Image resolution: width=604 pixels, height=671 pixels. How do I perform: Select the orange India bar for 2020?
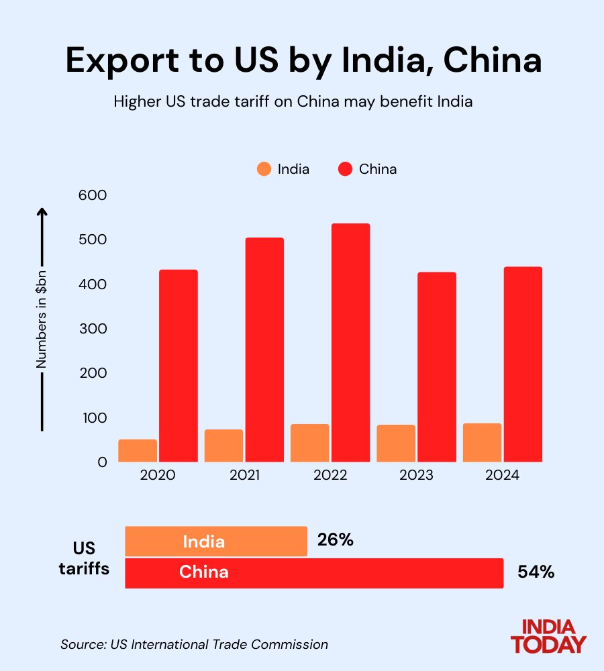tap(138, 450)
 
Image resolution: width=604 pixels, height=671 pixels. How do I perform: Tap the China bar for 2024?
tap(523, 364)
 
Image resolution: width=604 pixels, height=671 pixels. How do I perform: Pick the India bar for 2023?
tap(396, 443)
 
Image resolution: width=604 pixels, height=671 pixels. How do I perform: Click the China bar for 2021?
tap(264, 350)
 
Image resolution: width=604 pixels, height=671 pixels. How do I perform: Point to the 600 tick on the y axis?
tap(93, 195)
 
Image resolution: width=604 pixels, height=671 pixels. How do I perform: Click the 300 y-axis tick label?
tap(93, 329)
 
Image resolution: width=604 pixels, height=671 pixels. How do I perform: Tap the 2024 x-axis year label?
tap(502, 475)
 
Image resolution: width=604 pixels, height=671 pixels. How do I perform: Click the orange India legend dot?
tap(264, 169)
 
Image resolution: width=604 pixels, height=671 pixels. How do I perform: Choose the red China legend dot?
tap(345, 169)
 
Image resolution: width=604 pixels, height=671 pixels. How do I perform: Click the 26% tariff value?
tap(336, 539)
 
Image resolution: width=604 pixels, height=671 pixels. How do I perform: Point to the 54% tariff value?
tap(536, 572)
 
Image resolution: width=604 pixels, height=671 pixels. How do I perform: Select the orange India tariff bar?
tap(216, 541)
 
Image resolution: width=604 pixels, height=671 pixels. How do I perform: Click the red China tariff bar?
tap(314, 572)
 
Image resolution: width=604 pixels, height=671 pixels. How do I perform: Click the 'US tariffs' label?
tap(91, 557)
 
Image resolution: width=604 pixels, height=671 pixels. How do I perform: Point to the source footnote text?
tap(194, 645)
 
